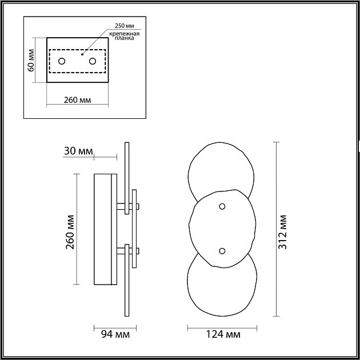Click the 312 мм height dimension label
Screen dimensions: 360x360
coord(282,232)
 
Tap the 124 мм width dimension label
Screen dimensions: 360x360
coord(223,334)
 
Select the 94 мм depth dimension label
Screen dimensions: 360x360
coord(115,334)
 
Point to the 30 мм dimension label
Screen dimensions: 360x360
coord(78,151)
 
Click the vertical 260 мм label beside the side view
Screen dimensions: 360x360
coord(70,232)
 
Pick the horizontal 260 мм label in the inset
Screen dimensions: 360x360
coord(77,100)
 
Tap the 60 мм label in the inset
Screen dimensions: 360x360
coord(31,60)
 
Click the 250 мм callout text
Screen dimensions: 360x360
coord(124,26)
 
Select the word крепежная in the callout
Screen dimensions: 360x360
coord(124,34)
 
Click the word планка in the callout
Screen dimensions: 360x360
coord(124,38)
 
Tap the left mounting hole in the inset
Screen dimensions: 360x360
coord(62,61)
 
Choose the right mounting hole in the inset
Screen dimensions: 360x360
coord(93,61)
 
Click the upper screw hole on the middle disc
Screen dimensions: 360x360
coord(222,206)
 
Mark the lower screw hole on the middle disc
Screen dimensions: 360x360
coord(222,251)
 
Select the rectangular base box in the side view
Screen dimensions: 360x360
coord(105,229)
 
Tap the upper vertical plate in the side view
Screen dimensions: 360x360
coord(127,178)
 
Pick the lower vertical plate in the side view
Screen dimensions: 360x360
coord(127,280)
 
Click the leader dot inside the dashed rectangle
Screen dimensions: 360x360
coord(82,54)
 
